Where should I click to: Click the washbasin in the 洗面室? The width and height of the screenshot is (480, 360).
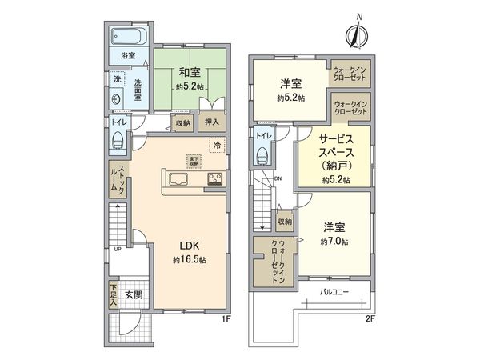(117, 99)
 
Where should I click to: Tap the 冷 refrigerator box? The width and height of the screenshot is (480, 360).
(216, 146)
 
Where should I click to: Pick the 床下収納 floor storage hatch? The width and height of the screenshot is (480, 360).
(194, 161)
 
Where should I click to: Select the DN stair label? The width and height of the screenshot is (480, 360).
(278, 178)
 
